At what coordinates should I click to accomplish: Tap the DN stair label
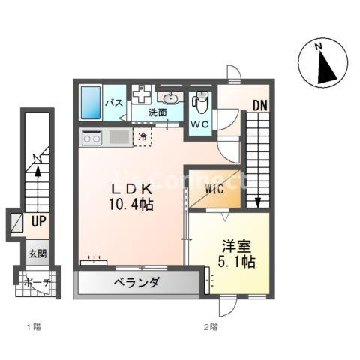(258, 105)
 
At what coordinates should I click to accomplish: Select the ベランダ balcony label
(137, 283)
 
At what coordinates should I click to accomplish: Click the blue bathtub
(91, 102)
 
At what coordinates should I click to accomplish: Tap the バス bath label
(114, 103)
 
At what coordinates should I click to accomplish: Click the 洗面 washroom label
(157, 113)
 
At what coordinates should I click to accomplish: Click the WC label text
(199, 124)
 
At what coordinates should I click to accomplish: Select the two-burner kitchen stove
(93, 138)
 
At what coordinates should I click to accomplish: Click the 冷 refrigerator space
(142, 136)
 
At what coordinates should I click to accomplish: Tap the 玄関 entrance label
(37, 253)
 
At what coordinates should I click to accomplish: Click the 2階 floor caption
(210, 328)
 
